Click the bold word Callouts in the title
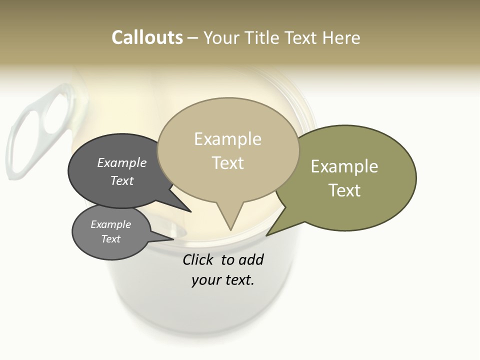point(147,37)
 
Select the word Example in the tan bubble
point(227,139)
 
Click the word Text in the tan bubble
point(227,163)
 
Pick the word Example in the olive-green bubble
point(344,166)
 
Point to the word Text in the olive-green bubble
point(344,190)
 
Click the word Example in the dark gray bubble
point(121,162)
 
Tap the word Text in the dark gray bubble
point(121,180)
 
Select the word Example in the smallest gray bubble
point(110,224)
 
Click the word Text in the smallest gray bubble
point(110,239)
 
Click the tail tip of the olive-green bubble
point(267,235)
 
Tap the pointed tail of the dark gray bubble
point(190,211)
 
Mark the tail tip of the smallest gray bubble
point(173,238)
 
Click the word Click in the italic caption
point(197,259)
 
